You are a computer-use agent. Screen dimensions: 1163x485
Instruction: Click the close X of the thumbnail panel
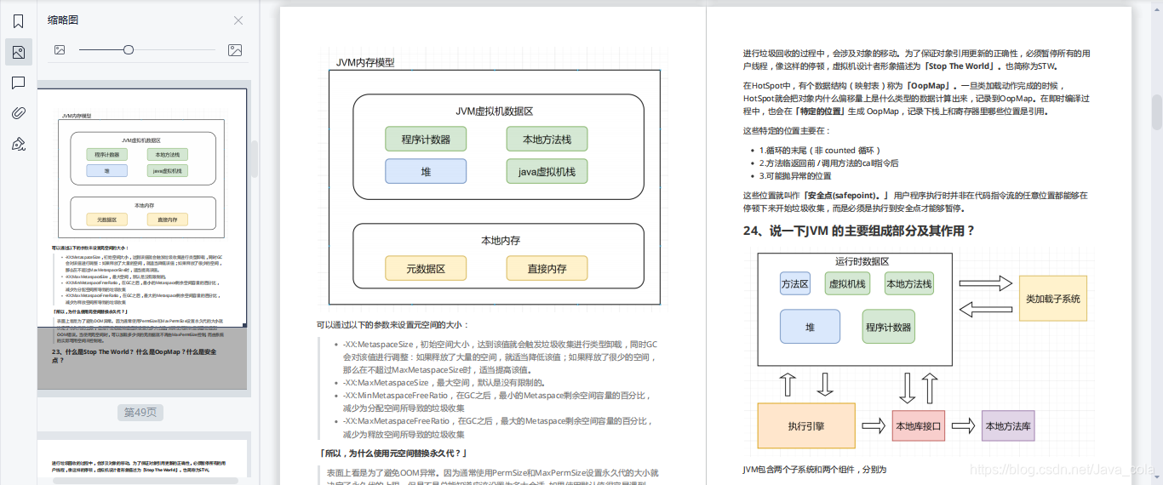(x=238, y=20)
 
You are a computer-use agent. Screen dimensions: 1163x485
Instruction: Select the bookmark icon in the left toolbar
(x=18, y=21)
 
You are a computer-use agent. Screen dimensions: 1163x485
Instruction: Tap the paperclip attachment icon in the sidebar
(x=18, y=113)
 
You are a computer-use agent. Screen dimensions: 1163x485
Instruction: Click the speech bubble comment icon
(x=18, y=83)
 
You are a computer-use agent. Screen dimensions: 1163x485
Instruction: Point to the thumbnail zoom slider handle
(x=129, y=50)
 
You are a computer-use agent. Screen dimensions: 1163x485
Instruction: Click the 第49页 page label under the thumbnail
(x=140, y=413)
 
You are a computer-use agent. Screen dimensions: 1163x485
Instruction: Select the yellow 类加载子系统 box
(x=1053, y=299)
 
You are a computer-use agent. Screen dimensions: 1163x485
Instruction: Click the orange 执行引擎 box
(x=806, y=426)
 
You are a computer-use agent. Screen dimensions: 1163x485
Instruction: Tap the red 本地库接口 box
(x=919, y=426)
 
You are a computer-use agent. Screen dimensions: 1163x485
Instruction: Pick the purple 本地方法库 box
(x=1008, y=426)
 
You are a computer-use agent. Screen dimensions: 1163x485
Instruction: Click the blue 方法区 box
(x=795, y=284)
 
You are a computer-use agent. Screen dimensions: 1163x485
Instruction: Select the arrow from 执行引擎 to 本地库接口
(x=874, y=426)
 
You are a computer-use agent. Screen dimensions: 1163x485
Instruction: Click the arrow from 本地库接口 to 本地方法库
(x=963, y=426)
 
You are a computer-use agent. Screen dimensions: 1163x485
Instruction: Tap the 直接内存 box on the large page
(x=547, y=269)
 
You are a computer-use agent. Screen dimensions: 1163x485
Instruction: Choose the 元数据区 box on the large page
(x=426, y=269)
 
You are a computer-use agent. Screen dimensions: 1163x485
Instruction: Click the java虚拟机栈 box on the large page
(x=547, y=172)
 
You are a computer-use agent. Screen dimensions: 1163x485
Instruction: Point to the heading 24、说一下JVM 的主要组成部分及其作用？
(x=858, y=231)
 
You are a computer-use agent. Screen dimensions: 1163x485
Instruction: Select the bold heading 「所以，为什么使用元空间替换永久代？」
(x=392, y=454)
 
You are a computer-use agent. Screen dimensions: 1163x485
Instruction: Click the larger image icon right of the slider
(x=236, y=50)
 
